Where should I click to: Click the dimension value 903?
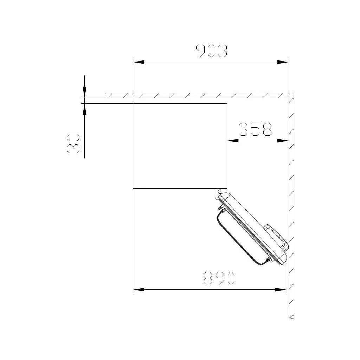point(211,51)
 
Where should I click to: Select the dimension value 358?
point(255,129)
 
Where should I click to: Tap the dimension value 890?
point(219,278)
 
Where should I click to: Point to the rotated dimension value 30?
point(73,144)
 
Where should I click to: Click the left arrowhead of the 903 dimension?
point(139,62)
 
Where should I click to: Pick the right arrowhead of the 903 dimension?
point(283,62)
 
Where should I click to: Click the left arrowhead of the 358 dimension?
point(233,141)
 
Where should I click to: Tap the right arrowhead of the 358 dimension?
point(283,141)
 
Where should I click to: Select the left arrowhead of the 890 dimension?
point(139,290)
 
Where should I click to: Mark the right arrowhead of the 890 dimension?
point(281,290)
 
